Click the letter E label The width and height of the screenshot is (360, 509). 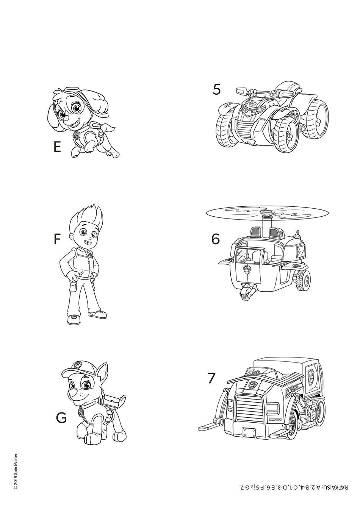[x=57, y=147]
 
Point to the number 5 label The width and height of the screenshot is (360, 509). [x=217, y=89]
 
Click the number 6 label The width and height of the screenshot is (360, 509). [x=216, y=239]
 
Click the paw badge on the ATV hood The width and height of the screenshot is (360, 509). [x=252, y=105]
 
